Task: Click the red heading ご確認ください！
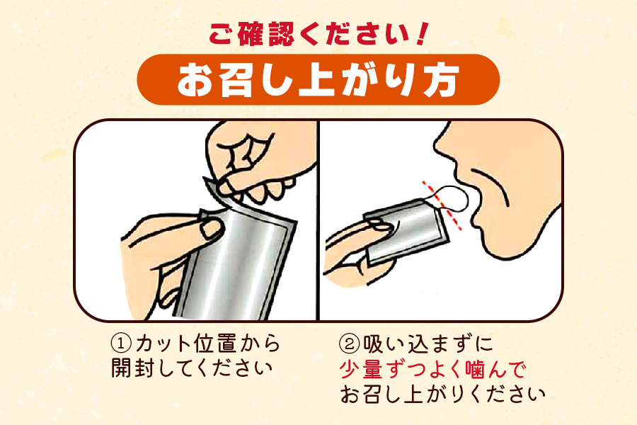[318, 34]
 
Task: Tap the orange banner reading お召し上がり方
[318, 80]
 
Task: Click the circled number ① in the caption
[121, 344]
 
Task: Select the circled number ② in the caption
[350, 344]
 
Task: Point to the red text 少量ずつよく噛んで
[432, 369]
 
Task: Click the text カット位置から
[208, 344]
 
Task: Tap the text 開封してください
[192, 368]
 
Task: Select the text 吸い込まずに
[427, 344]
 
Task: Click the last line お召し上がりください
[442, 394]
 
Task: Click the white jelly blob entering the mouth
[452, 199]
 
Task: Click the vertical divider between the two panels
[318, 220]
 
